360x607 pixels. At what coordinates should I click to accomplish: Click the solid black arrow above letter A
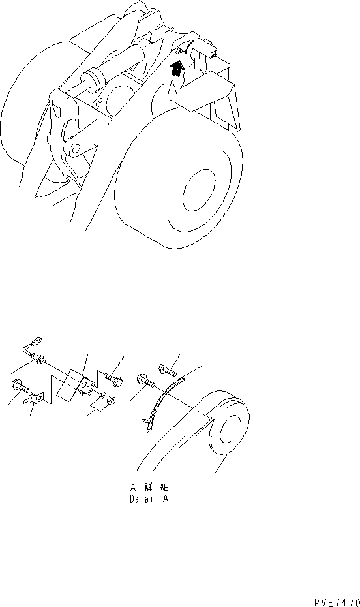177,69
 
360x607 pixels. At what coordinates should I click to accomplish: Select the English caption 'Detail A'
149,499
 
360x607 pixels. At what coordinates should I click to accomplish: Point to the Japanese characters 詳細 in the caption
157,487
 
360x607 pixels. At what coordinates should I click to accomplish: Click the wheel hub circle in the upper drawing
199,191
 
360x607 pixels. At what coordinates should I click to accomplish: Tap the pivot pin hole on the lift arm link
76,148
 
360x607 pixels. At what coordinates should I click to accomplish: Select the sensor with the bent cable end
35,351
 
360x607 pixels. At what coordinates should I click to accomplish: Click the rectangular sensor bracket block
76,384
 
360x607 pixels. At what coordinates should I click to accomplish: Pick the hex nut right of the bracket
111,400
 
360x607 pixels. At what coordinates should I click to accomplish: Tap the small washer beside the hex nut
102,395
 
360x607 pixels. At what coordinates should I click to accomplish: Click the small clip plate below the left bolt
34,398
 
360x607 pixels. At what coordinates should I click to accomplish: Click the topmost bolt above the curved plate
168,369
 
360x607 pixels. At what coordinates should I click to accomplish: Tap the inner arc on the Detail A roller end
224,429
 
